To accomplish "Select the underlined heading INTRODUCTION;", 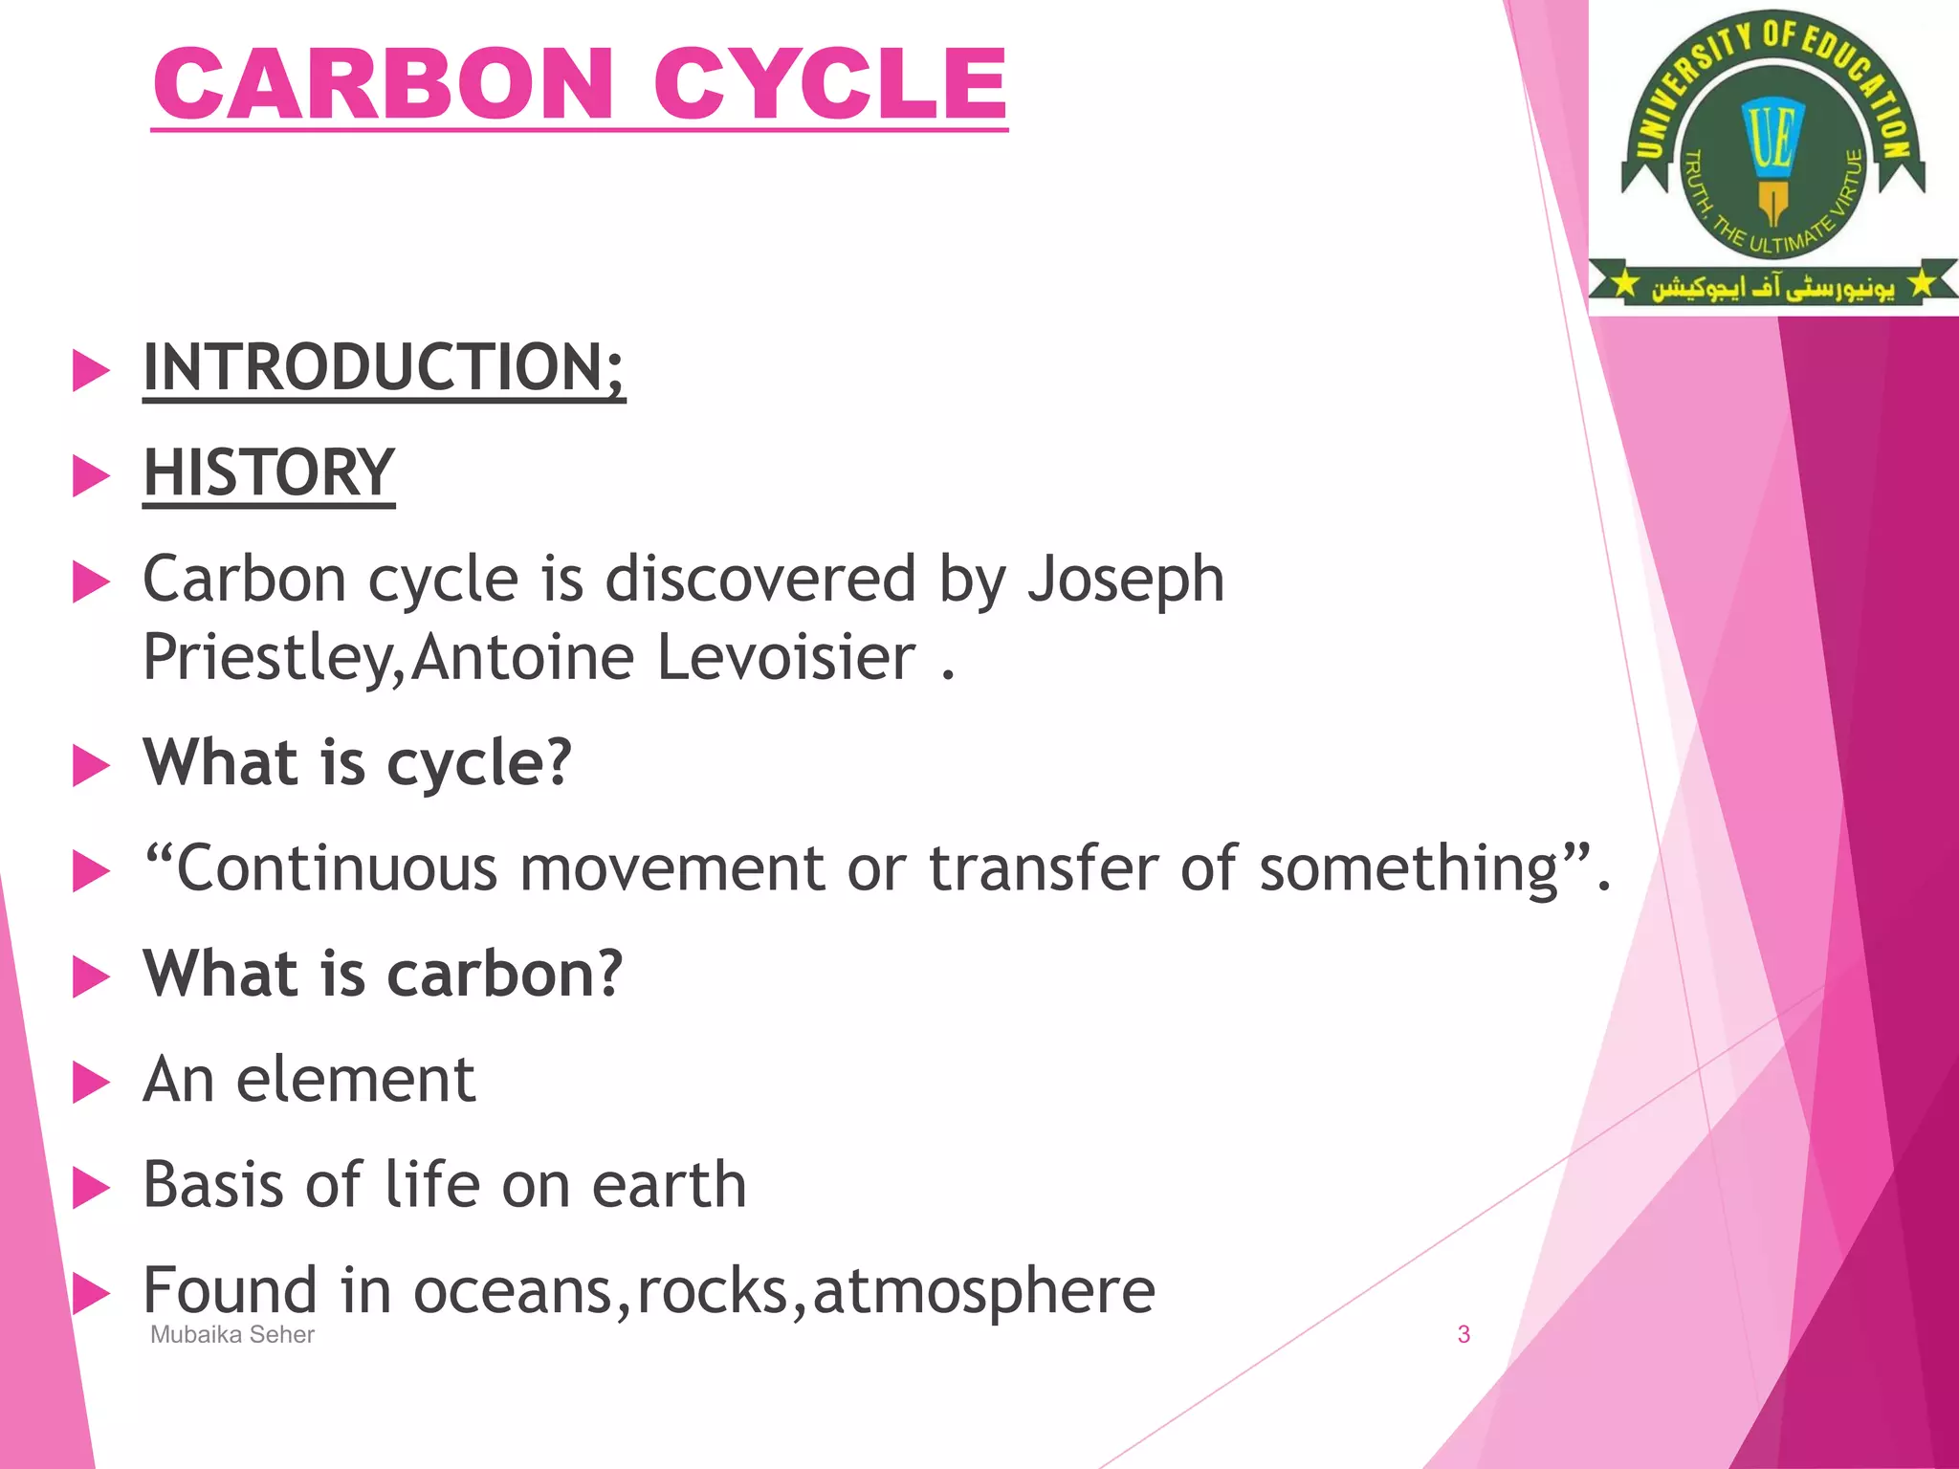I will coord(384,368).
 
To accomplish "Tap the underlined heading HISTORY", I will coord(269,473).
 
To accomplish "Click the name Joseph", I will coord(1126,581).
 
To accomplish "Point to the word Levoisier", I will coord(786,658).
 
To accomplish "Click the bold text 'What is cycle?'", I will coord(357,763).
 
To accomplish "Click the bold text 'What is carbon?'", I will coord(383,975).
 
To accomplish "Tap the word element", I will coord(356,1080).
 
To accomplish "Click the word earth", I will coord(669,1185).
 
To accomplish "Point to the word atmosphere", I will coord(983,1291).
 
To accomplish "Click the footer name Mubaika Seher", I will coord(232,1335).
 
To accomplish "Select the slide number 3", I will coord(1463,1335).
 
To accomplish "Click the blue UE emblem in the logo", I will coord(1772,139).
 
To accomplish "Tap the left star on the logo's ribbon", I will coord(1624,285).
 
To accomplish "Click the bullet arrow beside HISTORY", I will coord(91,475).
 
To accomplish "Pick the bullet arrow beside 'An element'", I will coord(91,1083).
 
